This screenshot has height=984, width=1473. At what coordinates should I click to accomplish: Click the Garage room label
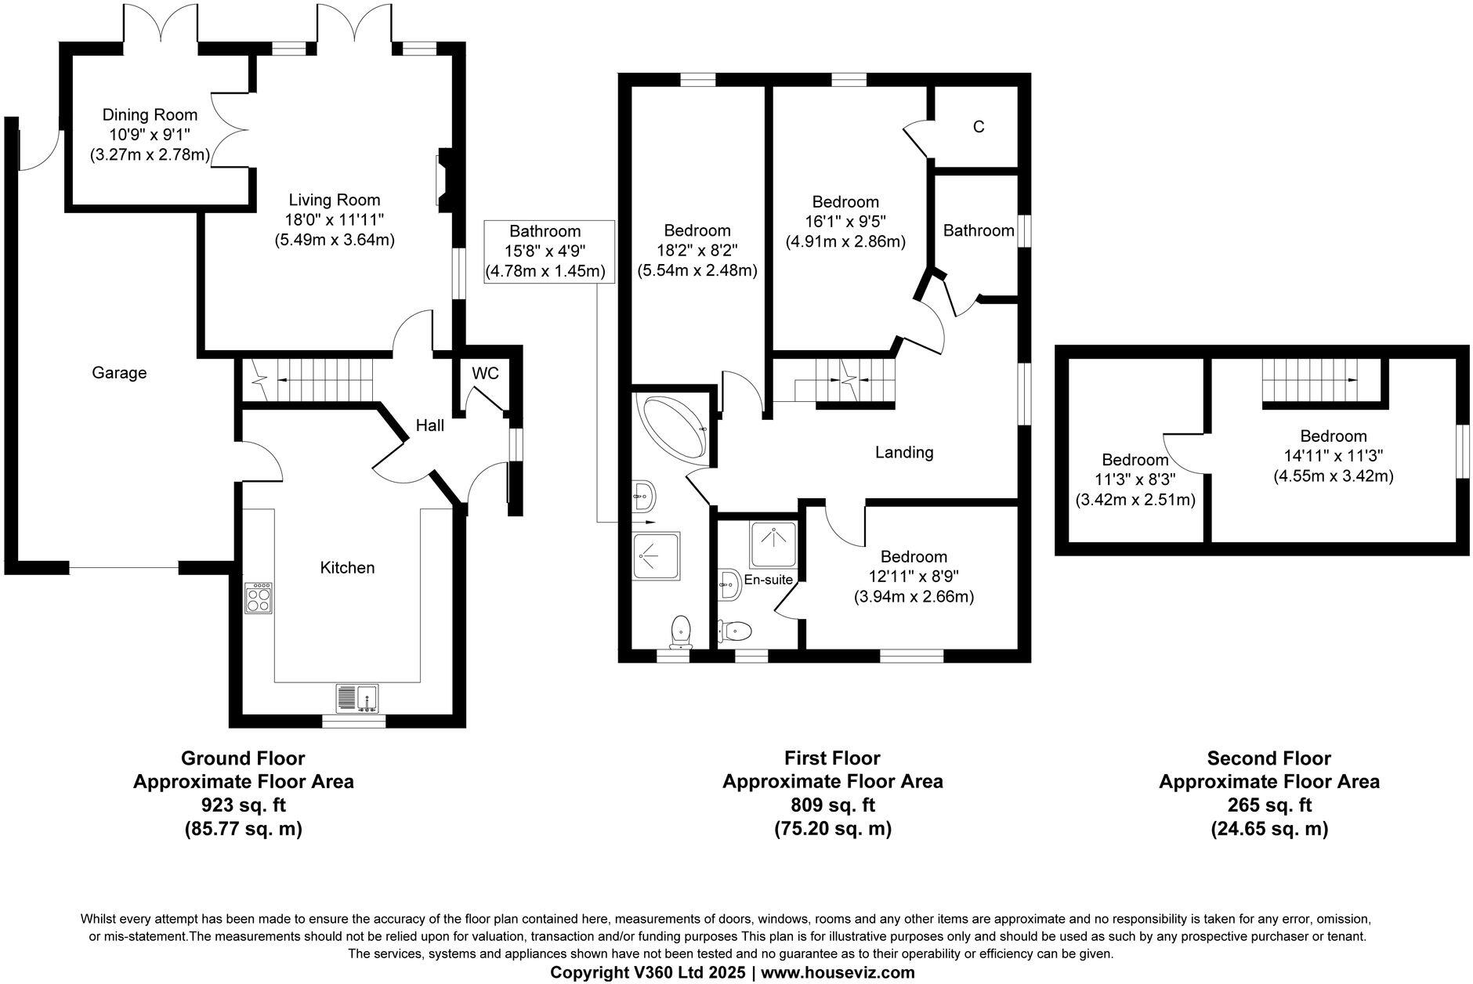click(x=119, y=373)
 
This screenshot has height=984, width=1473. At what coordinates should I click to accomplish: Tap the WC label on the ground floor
click(x=485, y=374)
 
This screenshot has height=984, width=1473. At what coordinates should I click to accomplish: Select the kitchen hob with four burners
click(x=259, y=598)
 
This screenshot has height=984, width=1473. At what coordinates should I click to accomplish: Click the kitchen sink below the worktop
click(x=357, y=697)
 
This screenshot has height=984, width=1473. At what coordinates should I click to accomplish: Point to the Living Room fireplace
click(x=442, y=179)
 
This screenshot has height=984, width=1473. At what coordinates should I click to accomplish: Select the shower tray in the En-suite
click(x=774, y=544)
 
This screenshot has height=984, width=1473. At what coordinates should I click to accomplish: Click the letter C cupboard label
click(x=978, y=127)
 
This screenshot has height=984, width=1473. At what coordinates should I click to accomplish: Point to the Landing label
click(x=904, y=452)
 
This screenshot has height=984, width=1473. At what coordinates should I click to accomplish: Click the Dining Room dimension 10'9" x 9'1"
click(x=150, y=135)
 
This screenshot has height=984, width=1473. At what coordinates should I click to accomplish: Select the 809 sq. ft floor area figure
click(x=832, y=805)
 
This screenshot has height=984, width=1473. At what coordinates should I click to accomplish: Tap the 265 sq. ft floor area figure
click(x=1269, y=805)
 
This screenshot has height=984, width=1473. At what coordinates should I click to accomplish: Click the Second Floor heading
click(x=1269, y=758)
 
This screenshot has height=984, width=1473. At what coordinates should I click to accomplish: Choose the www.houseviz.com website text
click(x=838, y=973)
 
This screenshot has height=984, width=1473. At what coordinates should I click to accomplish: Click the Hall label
click(x=429, y=425)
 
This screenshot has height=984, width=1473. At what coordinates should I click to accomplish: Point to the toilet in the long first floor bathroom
click(x=681, y=631)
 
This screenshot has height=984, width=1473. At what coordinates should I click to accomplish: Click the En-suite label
click(x=769, y=580)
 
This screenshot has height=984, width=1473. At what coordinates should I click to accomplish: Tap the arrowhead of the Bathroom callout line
click(x=651, y=521)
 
